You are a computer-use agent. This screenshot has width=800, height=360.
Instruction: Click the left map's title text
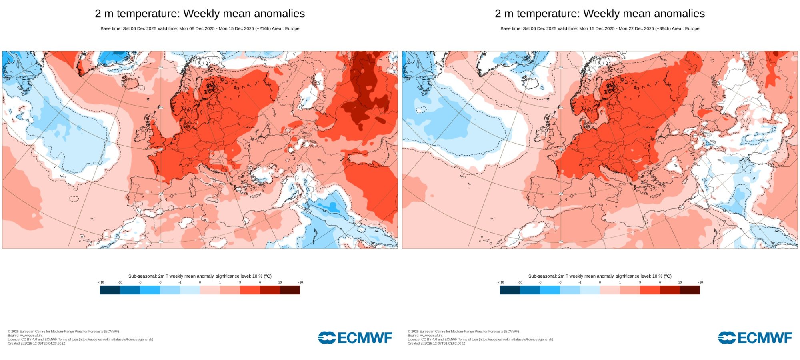200,14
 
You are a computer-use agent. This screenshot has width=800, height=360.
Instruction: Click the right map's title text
600,14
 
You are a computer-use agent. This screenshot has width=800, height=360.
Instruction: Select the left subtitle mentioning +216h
200,28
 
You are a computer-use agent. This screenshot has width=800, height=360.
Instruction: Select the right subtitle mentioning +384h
600,28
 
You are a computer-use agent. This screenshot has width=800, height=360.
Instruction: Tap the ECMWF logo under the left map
355,338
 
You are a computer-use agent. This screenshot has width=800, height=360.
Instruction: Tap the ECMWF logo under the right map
755,338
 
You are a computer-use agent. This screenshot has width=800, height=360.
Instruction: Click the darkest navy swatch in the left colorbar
110,290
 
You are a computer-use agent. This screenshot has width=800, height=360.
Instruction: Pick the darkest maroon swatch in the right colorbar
690,290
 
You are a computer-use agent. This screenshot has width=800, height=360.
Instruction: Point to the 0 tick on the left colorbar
200,282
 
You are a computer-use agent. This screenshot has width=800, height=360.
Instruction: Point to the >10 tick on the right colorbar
700,282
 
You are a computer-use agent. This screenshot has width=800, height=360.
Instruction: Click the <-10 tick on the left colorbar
101,282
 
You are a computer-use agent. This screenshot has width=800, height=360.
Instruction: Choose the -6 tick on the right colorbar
540,282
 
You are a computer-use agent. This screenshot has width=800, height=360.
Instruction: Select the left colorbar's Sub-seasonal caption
200,276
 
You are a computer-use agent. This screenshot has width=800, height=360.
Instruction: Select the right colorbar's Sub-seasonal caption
600,276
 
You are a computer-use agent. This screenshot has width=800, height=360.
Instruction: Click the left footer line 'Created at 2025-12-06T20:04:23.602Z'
36,344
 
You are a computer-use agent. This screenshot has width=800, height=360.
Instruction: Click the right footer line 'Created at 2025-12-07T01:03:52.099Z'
436,344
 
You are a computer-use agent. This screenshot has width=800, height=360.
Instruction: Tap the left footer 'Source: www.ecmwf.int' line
25,336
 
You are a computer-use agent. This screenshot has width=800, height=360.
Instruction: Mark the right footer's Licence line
480,340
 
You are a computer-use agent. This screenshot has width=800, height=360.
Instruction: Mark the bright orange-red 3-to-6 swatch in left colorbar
250,290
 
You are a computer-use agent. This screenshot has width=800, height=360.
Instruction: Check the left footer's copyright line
63,332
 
